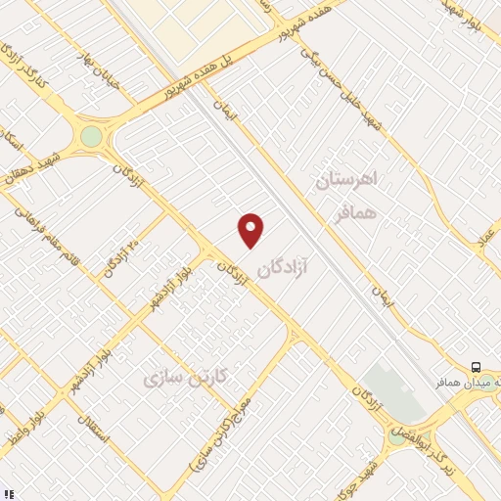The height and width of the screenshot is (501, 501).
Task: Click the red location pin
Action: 251,229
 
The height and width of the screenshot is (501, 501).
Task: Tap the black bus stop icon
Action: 475,367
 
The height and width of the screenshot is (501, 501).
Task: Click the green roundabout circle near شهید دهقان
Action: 91,136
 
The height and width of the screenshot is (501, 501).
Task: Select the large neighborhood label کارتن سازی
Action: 185,377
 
